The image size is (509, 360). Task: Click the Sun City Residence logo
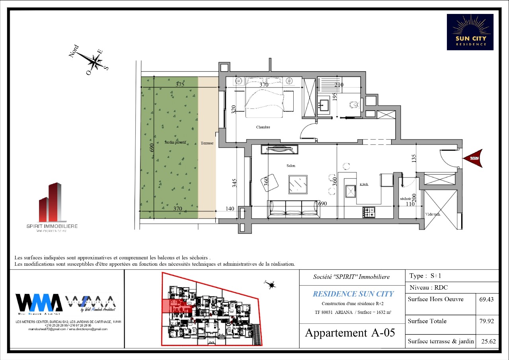tap(470, 32)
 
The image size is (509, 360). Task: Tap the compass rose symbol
tap(96, 62)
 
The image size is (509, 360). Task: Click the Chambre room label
tap(263, 127)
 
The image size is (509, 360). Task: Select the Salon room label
tap(291, 165)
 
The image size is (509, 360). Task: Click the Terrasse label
tap(207, 143)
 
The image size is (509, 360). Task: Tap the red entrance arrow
tap(473, 158)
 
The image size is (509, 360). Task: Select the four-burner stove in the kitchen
tap(369, 212)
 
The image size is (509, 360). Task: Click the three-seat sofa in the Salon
tap(294, 208)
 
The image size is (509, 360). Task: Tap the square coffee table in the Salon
tap(298, 184)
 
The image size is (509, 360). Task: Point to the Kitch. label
tap(364, 185)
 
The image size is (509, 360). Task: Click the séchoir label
tap(406, 198)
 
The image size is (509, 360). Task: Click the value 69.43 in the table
tap(487, 300)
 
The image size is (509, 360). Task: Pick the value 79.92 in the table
tap(487, 321)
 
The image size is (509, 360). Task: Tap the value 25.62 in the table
tap(487, 341)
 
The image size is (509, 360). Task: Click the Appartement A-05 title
tap(350, 333)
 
